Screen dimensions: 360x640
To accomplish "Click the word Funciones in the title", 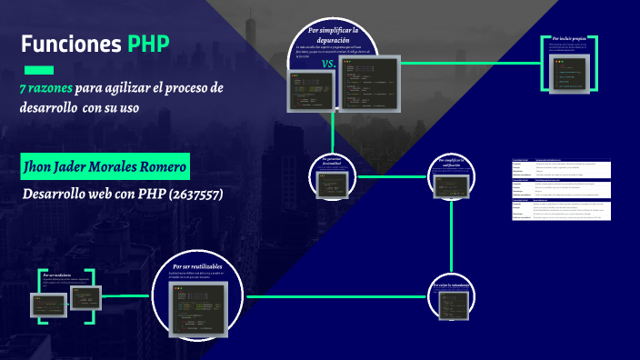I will pyautogui.click(x=70, y=45).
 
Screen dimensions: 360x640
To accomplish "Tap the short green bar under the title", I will pyautogui.click(x=37, y=69).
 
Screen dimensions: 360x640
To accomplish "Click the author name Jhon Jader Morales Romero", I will pyautogui.click(x=105, y=167).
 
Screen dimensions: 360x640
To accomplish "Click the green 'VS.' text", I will pyautogui.click(x=329, y=65).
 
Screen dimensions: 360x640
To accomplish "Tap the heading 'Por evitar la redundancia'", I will pyautogui.click(x=452, y=285).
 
